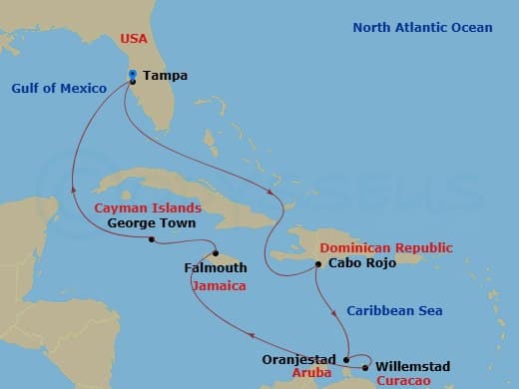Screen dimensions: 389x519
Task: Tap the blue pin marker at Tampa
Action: [133, 75]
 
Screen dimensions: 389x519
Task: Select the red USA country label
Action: [135, 41]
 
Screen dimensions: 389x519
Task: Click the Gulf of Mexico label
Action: [59, 89]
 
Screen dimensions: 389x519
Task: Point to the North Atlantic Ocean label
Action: [422, 27]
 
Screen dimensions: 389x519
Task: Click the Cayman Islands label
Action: [149, 208]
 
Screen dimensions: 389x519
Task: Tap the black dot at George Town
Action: [151, 239]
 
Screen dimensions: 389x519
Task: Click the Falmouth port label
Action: [213, 267]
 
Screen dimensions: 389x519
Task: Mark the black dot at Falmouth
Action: [216, 253]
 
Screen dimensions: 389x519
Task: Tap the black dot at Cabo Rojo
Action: [317, 264]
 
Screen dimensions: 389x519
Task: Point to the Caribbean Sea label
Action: [394, 311]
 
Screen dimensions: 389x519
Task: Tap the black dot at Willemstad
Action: [365, 367]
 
